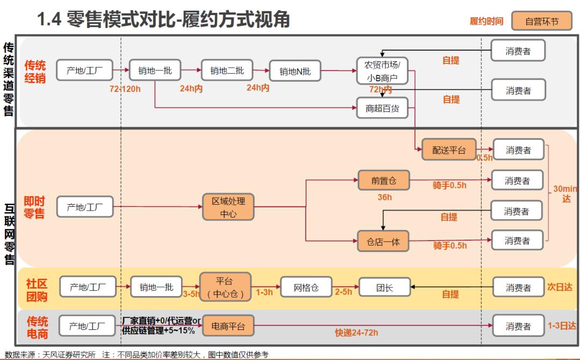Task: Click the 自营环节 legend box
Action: coord(541,21)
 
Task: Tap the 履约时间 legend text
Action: coord(487,21)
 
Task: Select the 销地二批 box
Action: coord(227,70)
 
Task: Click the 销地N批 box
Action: coord(295,71)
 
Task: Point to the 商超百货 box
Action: coord(382,108)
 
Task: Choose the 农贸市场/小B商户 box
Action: coord(382,71)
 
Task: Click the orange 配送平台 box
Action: coord(449,150)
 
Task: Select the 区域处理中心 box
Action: coord(228,207)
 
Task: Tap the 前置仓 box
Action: coord(383,181)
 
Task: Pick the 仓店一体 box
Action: coord(383,242)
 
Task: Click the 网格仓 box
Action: coord(306,288)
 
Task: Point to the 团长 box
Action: coord(384,288)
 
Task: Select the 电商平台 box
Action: coord(228,326)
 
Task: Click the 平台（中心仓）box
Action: coord(226,287)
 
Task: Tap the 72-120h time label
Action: coord(125,88)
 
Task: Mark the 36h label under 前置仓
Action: coord(385,197)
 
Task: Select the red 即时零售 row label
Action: coord(35,207)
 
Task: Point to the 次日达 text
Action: coord(561,287)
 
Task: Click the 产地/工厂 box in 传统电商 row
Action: coord(85,326)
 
